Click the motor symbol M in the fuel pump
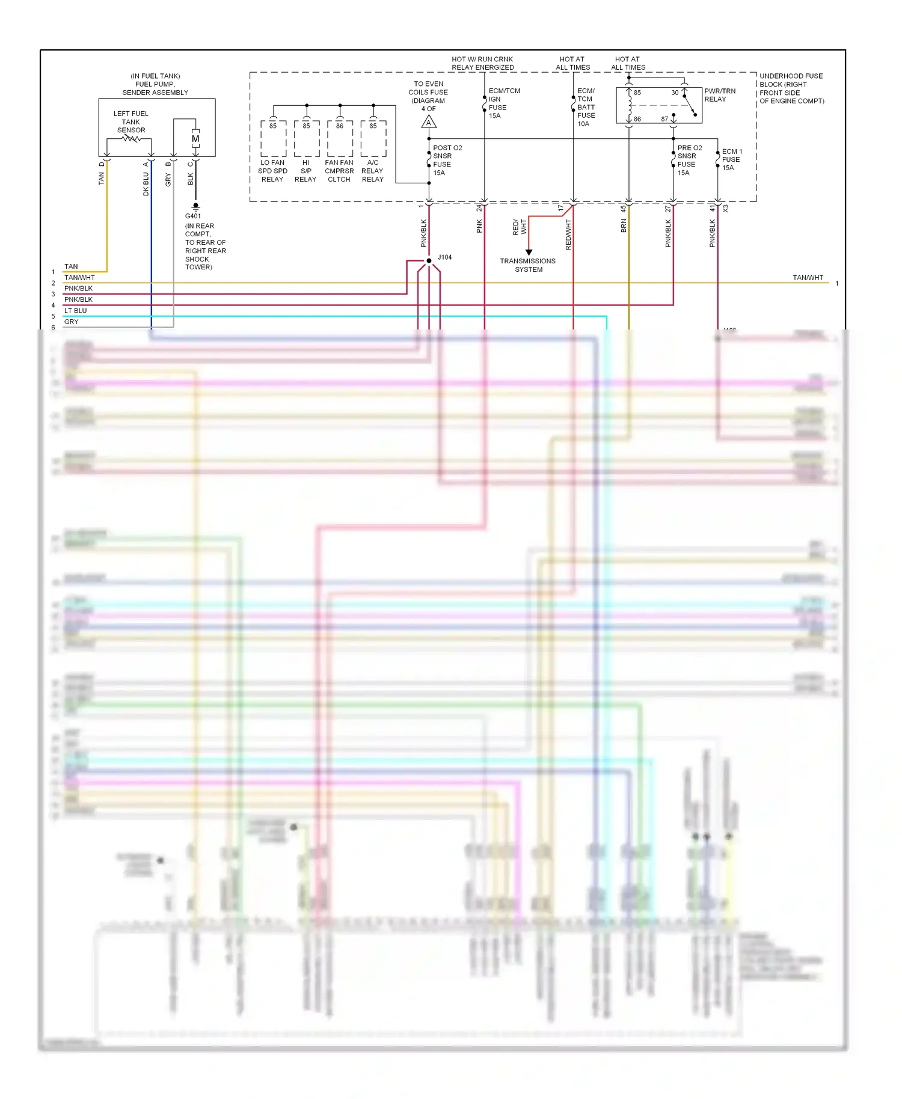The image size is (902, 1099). [x=195, y=139]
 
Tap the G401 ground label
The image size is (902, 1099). [x=193, y=216]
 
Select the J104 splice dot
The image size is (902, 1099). [x=429, y=261]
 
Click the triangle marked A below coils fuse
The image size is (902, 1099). [x=429, y=123]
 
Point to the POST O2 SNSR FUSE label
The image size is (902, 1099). [x=447, y=160]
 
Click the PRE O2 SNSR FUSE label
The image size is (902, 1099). [x=689, y=160]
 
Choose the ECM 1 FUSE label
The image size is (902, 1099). [x=732, y=159]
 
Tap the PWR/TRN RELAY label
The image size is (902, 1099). [x=719, y=95]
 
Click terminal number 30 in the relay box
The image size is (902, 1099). [x=675, y=93]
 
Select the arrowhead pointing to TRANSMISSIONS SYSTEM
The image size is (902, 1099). [x=529, y=253]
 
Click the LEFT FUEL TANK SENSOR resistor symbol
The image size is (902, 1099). [x=131, y=139]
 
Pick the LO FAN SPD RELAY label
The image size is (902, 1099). [x=272, y=171]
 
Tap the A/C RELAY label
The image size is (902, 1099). [x=373, y=171]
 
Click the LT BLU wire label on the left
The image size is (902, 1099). [x=76, y=311]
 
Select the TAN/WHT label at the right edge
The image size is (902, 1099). [x=808, y=278]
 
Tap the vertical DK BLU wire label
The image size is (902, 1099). [x=146, y=184]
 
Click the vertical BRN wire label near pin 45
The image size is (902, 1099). [x=624, y=225]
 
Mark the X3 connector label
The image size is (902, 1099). [x=726, y=209]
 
